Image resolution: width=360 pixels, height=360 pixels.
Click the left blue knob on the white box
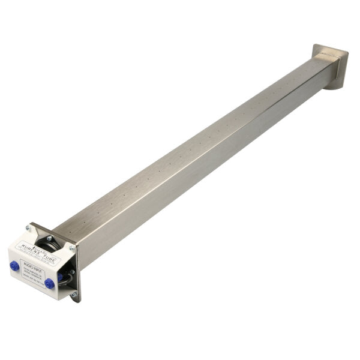click(14, 265)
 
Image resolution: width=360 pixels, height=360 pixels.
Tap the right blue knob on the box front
click(49, 283)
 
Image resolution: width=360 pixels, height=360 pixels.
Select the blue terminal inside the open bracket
click(60, 277)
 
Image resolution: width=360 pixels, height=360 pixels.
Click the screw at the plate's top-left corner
click(27, 228)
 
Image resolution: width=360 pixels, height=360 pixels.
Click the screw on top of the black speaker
click(49, 238)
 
